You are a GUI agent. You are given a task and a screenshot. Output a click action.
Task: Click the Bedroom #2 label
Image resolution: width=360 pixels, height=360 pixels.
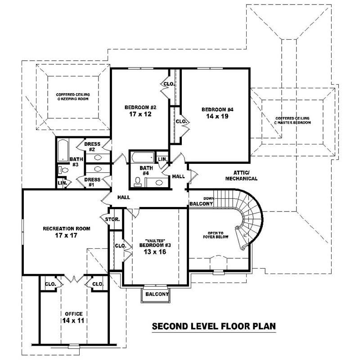tap(140, 107)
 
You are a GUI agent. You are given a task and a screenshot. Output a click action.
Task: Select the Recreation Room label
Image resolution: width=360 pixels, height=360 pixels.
tap(67, 229)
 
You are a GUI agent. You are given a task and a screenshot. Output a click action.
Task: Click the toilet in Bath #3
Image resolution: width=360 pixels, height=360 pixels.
tap(63, 170)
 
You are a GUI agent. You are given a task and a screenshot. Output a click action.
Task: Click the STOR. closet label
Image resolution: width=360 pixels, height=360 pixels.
tap(112, 220)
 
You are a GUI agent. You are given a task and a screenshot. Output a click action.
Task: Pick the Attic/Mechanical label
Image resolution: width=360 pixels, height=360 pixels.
tap(245, 175)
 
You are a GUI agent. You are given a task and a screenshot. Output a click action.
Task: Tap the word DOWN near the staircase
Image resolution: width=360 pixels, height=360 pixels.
tap(208, 198)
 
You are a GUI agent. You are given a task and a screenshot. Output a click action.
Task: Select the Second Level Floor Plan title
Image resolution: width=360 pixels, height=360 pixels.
tap(213, 326)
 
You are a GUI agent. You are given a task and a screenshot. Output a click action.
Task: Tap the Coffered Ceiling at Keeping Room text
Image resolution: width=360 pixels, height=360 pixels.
tap(73, 96)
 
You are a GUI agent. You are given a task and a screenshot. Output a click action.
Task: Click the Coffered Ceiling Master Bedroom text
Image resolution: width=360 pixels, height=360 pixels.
tap(293, 121)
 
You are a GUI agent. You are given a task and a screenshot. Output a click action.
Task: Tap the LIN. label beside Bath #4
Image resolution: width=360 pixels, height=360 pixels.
tap(162, 159)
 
